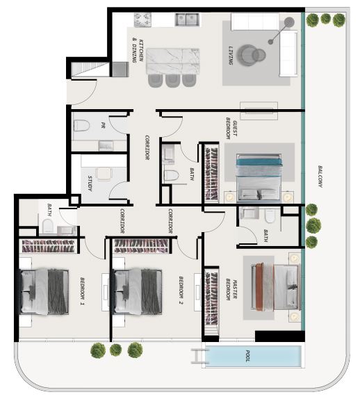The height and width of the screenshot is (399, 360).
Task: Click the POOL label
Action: click(x=247, y=356)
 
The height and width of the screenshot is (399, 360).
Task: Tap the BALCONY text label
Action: click(x=320, y=177)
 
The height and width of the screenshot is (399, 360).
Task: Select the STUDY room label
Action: click(x=90, y=184)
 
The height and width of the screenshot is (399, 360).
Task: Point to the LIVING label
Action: click(x=231, y=55)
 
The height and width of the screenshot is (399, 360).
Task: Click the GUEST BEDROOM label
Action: click(x=231, y=128)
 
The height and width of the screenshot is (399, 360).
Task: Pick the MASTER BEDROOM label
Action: click(x=231, y=289)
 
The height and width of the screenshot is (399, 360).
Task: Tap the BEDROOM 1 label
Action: click(x=82, y=291)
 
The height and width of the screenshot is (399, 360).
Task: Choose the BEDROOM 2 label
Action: click(x=181, y=291)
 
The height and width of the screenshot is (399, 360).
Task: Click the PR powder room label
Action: click(x=103, y=125)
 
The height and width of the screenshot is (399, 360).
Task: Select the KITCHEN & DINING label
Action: click(x=138, y=51)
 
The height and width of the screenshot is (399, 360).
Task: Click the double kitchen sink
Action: click(x=187, y=20)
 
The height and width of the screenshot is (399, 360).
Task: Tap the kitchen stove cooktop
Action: click(x=142, y=20)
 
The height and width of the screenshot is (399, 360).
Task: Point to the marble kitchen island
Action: click(x=172, y=61)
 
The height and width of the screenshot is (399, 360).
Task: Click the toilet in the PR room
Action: click(x=81, y=126)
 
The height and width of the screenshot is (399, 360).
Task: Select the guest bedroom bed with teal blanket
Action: click(x=259, y=177)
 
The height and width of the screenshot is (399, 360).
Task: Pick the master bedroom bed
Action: click(x=275, y=287)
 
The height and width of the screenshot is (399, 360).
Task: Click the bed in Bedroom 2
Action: click(x=137, y=292)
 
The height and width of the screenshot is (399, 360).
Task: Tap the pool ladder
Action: click(x=197, y=356)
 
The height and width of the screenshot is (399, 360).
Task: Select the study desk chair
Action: click(x=104, y=174)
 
